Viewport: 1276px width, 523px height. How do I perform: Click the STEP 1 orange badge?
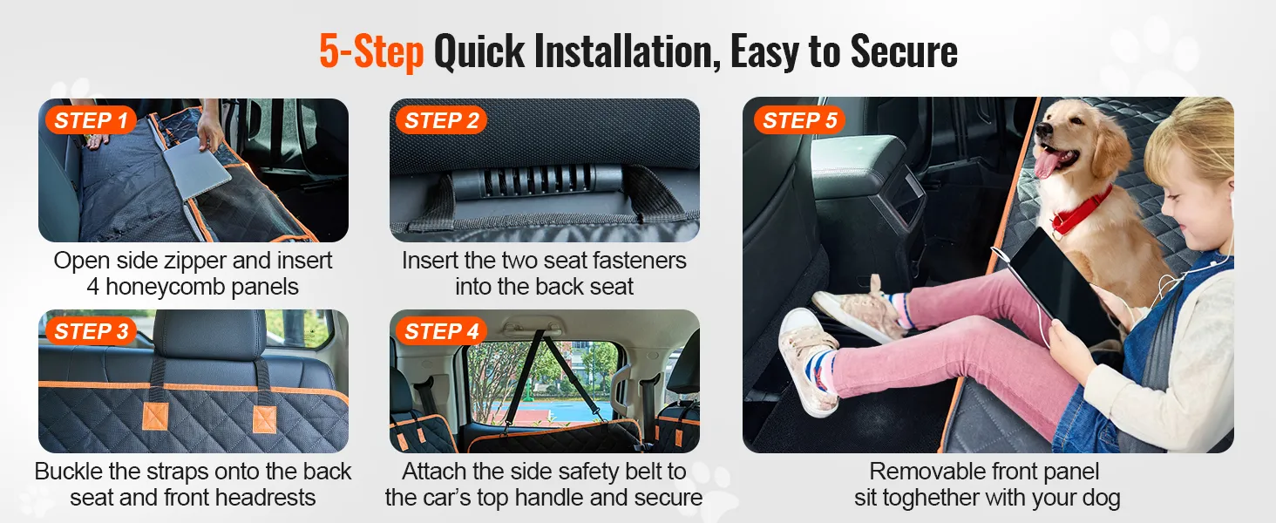click(x=91, y=120)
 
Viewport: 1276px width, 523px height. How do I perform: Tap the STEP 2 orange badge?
click(x=442, y=120)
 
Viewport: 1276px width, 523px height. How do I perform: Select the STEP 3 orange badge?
click(x=91, y=331)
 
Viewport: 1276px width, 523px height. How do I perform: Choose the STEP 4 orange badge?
click(x=442, y=331)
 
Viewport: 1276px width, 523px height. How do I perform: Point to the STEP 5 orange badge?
click(x=799, y=120)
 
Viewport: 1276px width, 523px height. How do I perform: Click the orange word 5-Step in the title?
click(x=371, y=51)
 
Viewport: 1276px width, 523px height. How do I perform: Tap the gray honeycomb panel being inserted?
click(x=196, y=166)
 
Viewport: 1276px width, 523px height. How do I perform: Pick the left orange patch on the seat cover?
click(x=155, y=416)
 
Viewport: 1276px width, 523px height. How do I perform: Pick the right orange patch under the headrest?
click(x=264, y=419)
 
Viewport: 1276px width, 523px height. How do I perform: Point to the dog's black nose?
click(x=1043, y=128)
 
